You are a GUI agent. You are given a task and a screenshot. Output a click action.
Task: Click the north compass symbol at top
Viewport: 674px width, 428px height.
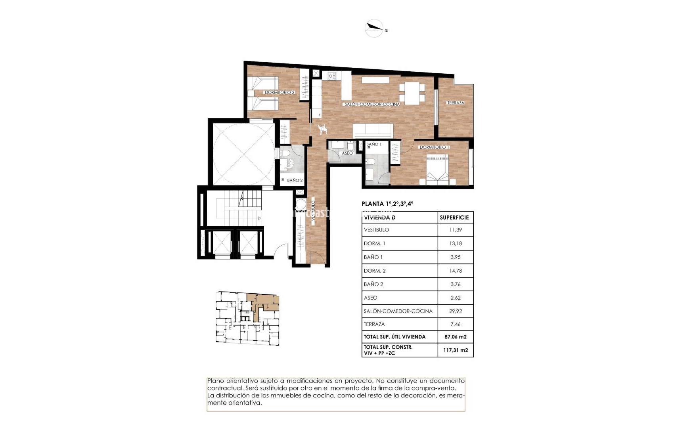point(375,28)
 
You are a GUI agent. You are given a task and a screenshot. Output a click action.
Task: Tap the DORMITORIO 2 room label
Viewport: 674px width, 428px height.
point(280,92)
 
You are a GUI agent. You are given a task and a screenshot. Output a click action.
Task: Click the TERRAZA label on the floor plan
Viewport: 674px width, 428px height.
point(456,103)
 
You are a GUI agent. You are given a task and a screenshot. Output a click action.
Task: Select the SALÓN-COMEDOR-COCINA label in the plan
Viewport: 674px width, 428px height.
point(372,104)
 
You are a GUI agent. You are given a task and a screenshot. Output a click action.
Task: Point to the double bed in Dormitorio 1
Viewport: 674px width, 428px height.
point(437,169)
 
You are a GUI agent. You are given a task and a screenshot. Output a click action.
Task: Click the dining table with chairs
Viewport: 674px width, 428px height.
point(412,93)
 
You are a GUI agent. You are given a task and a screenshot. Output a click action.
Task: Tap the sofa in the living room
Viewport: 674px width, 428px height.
point(373,130)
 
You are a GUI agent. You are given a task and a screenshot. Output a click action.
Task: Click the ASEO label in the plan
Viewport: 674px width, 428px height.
point(347,153)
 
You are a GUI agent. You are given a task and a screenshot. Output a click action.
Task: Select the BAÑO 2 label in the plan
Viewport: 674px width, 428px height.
point(295,180)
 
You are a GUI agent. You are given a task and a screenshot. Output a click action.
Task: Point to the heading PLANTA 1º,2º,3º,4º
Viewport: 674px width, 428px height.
point(387,204)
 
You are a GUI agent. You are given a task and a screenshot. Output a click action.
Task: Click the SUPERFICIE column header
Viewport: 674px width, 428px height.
point(454,218)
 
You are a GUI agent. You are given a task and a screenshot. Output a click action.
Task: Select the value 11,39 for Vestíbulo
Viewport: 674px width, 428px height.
point(456,230)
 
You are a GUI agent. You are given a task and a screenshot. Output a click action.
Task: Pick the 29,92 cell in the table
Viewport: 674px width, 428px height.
point(456,311)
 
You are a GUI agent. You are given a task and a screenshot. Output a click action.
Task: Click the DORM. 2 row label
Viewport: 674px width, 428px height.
point(375,271)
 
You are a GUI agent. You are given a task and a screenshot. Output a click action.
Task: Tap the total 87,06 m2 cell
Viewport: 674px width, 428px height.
point(456,337)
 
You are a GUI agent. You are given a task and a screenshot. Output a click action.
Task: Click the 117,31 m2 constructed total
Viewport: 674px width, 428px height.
point(456,350)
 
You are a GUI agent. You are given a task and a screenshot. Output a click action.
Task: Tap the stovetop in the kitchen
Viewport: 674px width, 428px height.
point(331,75)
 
